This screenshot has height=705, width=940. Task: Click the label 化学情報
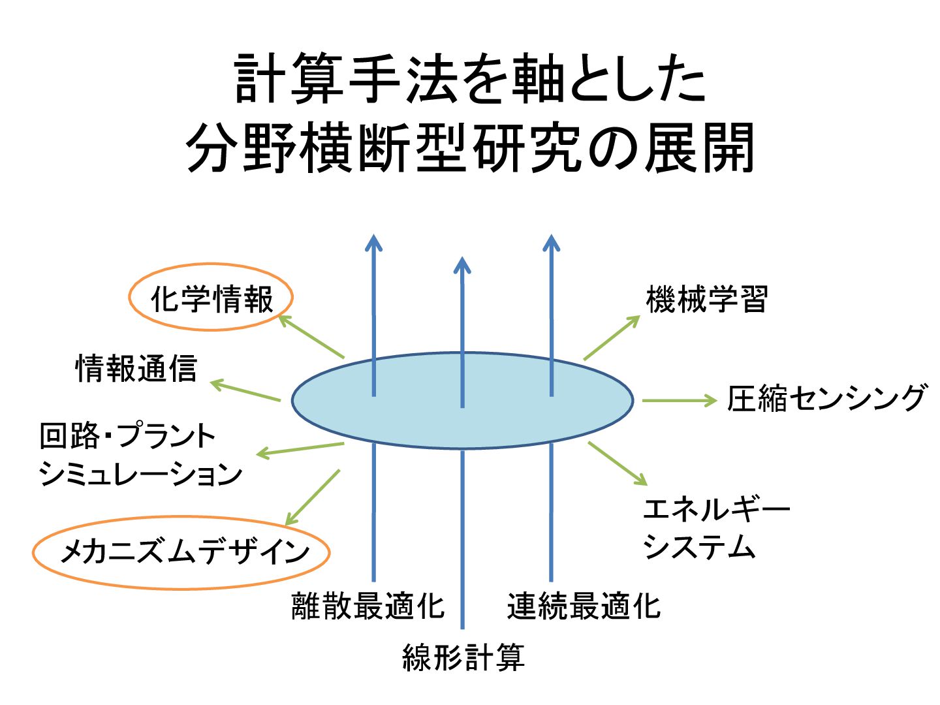click(x=211, y=299)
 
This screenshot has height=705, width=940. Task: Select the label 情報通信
click(x=136, y=368)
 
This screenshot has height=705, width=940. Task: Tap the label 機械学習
click(x=706, y=300)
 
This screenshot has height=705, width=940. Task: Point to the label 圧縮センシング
click(x=827, y=398)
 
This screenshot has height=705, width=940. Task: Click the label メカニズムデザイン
click(x=184, y=552)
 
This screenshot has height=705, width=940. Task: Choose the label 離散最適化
click(x=368, y=606)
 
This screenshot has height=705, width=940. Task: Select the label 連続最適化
click(x=584, y=606)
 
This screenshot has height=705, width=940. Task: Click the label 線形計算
click(x=463, y=657)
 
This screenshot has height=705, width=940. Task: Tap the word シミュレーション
click(x=140, y=473)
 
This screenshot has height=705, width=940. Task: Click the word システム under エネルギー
click(x=699, y=546)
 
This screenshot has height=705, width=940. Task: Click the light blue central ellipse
click(x=418, y=418)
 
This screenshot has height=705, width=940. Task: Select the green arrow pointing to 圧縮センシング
click(x=680, y=400)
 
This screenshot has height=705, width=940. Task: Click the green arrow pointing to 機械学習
click(x=612, y=337)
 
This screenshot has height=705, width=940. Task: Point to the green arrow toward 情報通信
click(x=245, y=390)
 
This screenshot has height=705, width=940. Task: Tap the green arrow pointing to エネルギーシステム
click(x=618, y=463)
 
